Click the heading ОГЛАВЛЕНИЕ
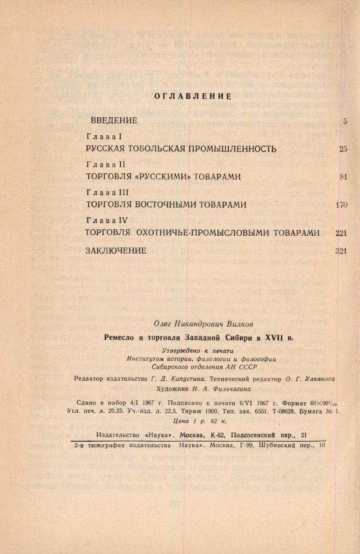(193, 96)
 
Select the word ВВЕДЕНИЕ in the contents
(114, 121)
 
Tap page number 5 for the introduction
(345, 121)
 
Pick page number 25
(344, 149)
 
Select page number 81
(344, 177)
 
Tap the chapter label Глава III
(107, 192)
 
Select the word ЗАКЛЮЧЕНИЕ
(116, 251)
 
